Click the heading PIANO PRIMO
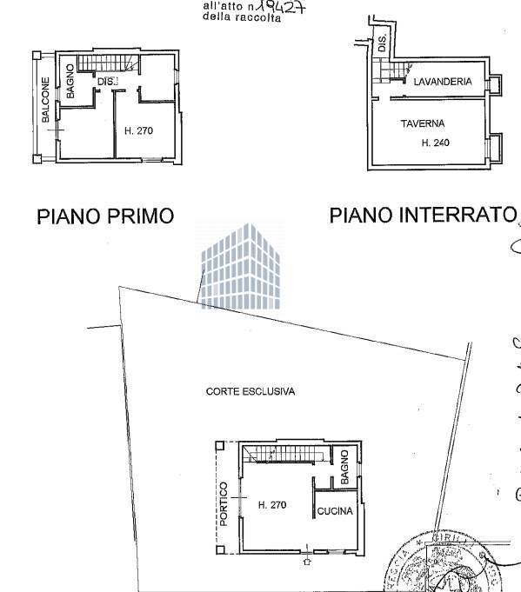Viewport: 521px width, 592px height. coord(105,216)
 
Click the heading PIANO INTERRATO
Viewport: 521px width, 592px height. coord(423,215)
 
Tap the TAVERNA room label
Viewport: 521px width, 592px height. coord(423,123)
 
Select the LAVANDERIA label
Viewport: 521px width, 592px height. coord(443,81)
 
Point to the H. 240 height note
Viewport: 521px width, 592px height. coord(435,143)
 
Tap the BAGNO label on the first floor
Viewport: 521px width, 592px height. coord(69,83)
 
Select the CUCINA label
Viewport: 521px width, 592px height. coord(335,511)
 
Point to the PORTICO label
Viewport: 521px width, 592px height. coord(224,504)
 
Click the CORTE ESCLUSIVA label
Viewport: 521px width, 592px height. coord(250,391)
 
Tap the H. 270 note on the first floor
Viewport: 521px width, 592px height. coord(138,131)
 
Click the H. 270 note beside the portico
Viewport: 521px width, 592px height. coord(271,504)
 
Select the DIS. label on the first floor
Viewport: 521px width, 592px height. coord(107,83)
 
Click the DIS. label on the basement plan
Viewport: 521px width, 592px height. coord(382,43)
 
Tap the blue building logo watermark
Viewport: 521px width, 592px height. coord(242,265)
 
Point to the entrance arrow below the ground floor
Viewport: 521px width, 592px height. coord(307,562)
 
